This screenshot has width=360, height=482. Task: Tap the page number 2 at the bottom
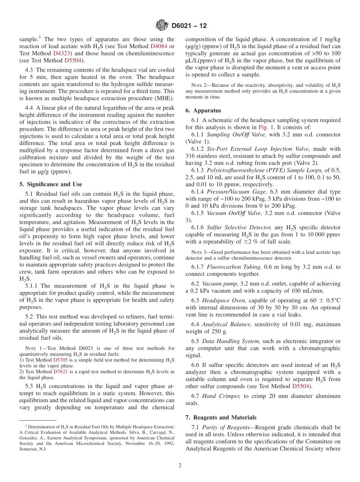180,465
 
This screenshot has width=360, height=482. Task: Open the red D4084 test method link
158,46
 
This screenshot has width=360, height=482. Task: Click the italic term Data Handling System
231,341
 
